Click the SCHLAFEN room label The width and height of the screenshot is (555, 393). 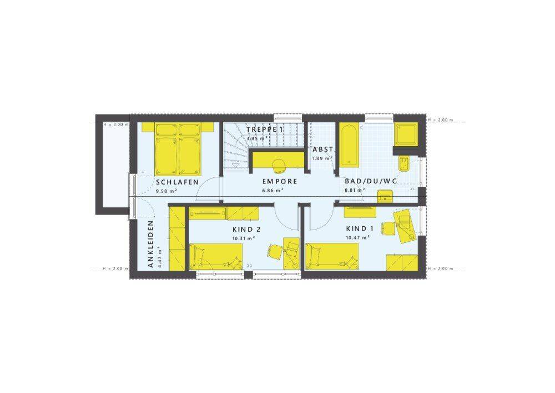pos(177,182)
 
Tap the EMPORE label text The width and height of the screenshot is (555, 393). pos(280,181)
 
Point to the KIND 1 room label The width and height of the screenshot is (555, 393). pos(360,228)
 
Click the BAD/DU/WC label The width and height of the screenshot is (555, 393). pos(371,181)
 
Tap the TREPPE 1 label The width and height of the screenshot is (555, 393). pos(265,130)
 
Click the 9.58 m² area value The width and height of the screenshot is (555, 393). pos(167,191)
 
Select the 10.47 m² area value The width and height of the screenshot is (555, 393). pos(357,237)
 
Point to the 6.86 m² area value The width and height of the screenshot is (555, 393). pos(273,190)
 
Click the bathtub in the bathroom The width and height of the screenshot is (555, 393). pos(349,145)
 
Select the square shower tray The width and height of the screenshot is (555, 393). pos(406,135)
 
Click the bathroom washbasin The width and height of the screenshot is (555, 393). pos(385,196)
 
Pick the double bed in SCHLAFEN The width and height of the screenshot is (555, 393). pos(178,149)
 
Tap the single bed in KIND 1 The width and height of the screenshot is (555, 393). pos(332,256)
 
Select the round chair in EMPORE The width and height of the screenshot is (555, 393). pos(279,165)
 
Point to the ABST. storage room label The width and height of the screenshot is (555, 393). pos(321,150)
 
